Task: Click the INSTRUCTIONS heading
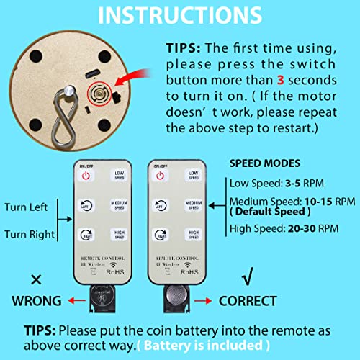179,16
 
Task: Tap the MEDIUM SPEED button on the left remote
120,207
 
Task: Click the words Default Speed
269,213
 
